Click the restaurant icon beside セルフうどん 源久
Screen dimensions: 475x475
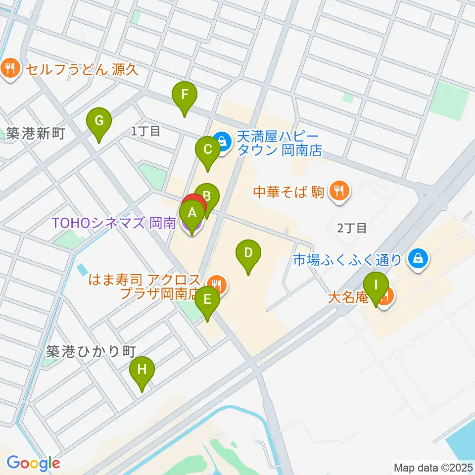tap(10, 68)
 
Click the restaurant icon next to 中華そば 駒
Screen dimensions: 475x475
tap(339, 190)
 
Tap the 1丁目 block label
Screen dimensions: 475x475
tap(146, 131)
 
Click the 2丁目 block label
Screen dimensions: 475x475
tap(352, 228)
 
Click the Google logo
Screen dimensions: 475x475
tap(33, 463)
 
